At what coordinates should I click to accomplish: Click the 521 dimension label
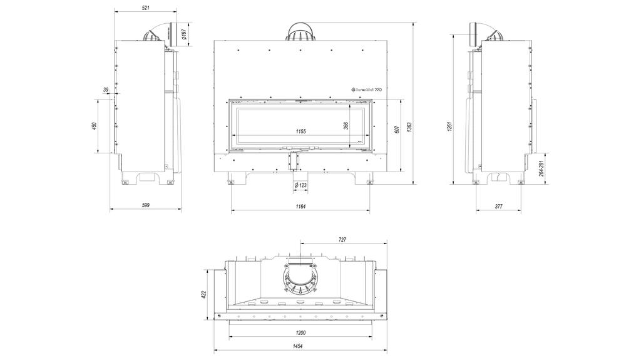[146, 8]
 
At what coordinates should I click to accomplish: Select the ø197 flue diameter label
[184, 33]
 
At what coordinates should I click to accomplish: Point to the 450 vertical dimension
[95, 126]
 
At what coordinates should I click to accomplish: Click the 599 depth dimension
[145, 205]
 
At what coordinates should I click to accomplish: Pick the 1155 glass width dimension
[300, 131]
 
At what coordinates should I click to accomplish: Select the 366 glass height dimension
[346, 125]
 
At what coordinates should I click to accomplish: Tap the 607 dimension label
[396, 130]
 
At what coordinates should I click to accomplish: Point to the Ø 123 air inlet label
[300, 185]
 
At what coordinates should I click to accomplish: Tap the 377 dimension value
[499, 206]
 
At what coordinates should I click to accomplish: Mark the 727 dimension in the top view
[342, 240]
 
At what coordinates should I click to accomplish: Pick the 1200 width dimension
[300, 333]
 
